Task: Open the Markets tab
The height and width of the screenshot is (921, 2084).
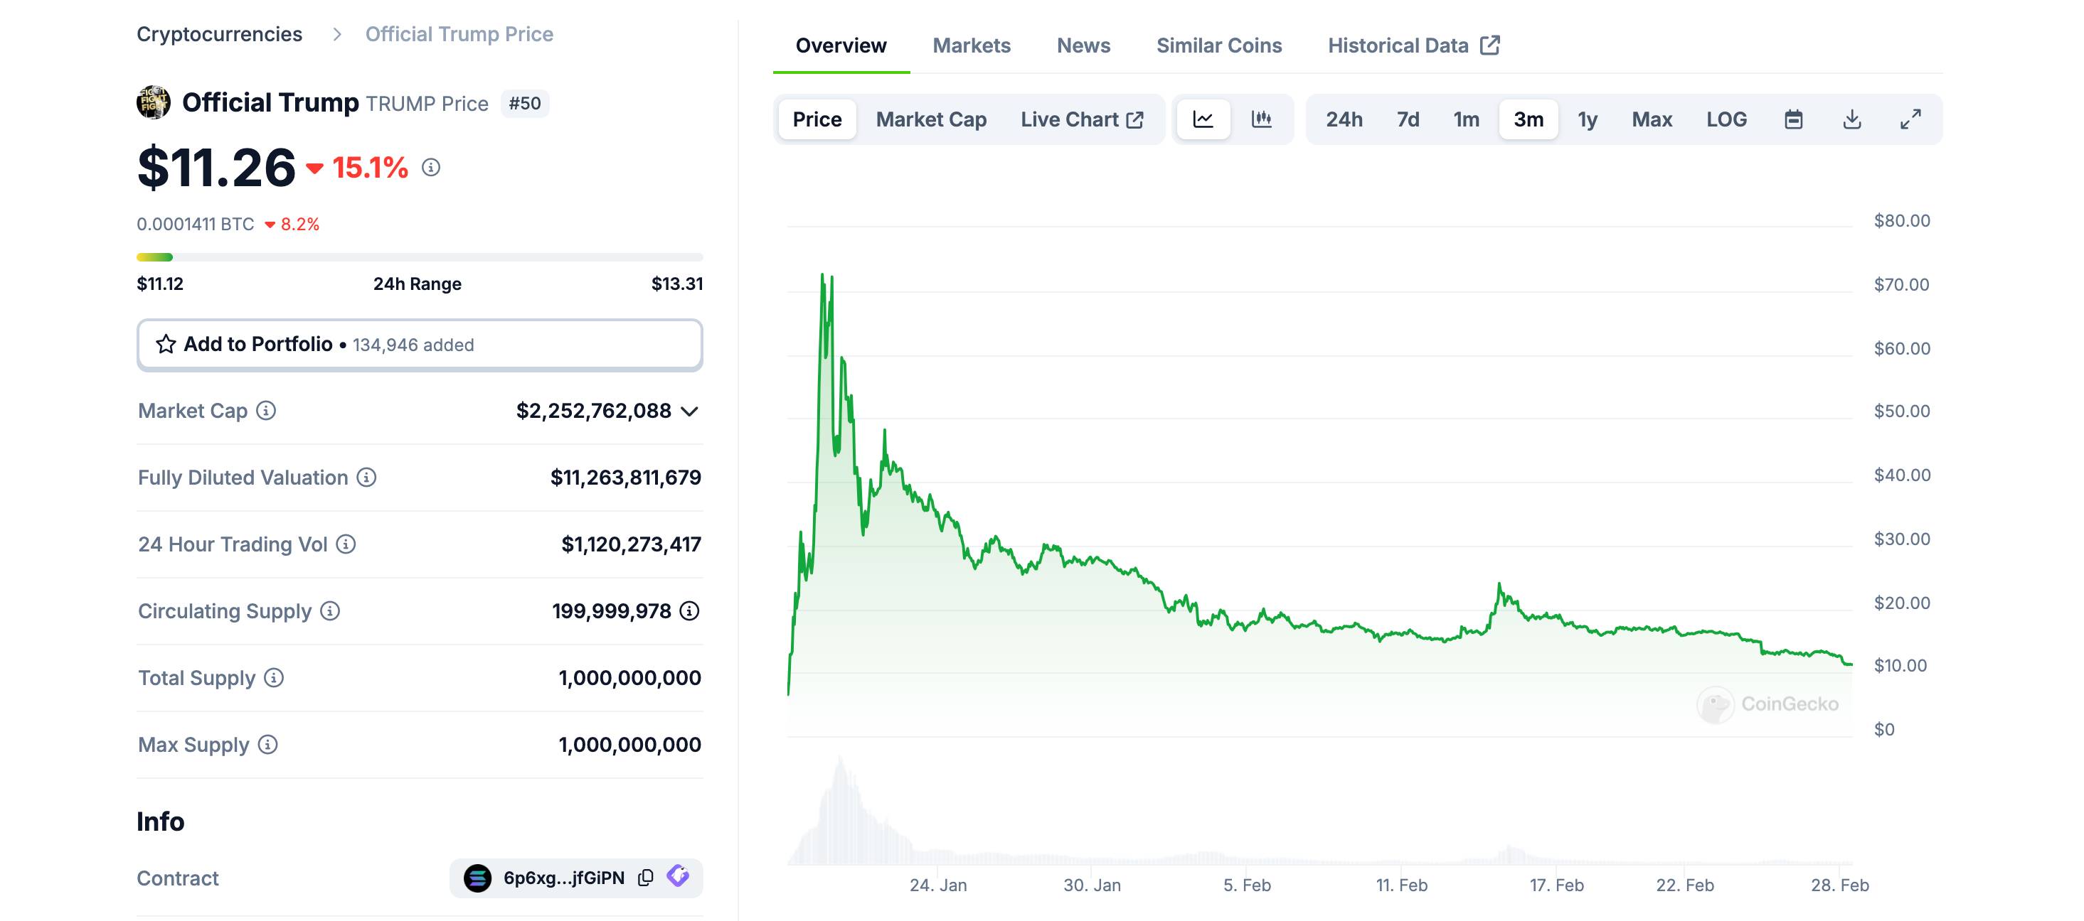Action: [971, 45]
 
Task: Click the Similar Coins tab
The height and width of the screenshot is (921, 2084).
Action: [1218, 45]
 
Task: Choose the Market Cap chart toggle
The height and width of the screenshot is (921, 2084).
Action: [930, 119]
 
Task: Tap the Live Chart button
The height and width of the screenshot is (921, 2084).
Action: [1081, 119]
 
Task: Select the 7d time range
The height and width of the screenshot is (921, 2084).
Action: [1408, 119]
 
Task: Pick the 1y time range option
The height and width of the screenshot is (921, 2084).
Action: [1588, 119]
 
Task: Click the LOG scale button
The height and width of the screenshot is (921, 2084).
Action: [1726, 119]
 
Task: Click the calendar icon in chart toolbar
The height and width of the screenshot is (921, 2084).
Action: [1793, 119]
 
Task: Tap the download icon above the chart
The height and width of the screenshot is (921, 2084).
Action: [1852, 119]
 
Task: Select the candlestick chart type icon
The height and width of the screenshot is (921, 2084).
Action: [1261, 119]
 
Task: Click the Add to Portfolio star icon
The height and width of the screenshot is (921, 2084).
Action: [166, 345]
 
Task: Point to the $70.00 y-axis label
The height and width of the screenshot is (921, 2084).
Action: [1901, 285]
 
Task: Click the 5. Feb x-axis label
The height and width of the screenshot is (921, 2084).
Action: [1246, 885]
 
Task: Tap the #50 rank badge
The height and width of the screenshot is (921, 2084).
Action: [524, 104]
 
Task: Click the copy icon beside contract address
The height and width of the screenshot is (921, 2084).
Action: [646, 878]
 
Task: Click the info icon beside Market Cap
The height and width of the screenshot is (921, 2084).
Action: [266, 411]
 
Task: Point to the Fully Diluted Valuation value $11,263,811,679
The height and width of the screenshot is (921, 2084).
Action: [625, 478]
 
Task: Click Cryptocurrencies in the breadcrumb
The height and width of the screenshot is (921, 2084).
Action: [219, 34]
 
